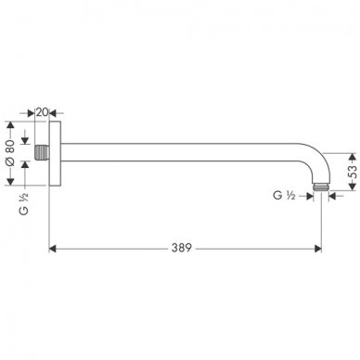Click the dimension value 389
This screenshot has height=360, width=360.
coord(185,249)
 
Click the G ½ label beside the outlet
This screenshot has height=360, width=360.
coord(286,195)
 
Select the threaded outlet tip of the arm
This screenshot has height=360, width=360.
coord(321,189)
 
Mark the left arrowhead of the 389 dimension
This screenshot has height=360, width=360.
coord(54,249)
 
